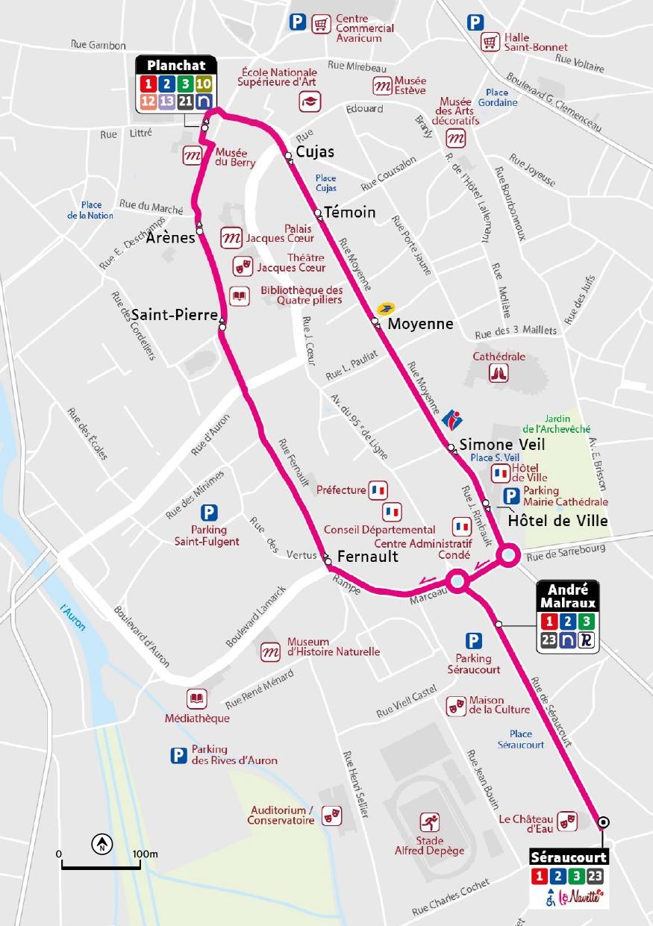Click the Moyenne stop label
coord(420,324)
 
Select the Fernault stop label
coord(367,557)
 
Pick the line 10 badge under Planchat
coord(204,83)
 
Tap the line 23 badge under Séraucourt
coord(595,876)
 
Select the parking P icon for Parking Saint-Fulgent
coord(210,513)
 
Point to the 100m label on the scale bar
coord(146,853)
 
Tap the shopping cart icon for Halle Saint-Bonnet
coord(490,40)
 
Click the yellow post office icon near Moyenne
coord(385,309)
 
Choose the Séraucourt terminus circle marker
coord(604,822)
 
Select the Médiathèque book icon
coord(196,699)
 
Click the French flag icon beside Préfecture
coord(378,490)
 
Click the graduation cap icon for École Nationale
coord(309,101)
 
